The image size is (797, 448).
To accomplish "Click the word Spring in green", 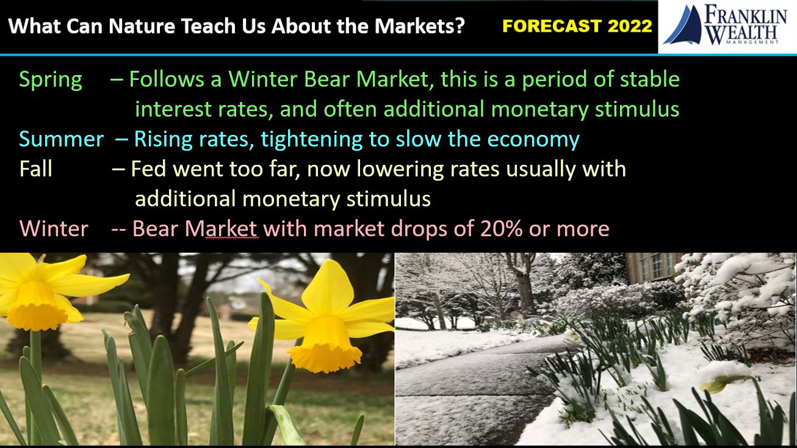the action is (x=51, y=80).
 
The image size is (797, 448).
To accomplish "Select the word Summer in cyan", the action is (x=61, y=139).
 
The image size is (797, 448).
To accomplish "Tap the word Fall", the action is (x=35, y=168).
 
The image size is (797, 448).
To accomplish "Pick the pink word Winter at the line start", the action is (x=54, y=228).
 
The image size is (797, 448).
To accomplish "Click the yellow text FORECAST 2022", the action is (x=577, y=26).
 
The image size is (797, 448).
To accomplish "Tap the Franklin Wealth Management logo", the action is (x=727, y=25).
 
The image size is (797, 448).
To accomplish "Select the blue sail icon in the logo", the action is (x=683, y=26).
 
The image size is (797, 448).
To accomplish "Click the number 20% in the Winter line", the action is (x=501, y=228).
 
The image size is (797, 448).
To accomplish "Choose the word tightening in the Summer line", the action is (x=311, y=139).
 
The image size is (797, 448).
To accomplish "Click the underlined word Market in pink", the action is (x=222, y=228).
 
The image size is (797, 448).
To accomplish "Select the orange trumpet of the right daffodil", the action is (x=325, y=344).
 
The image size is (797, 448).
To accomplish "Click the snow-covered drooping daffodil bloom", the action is (x=723, y=377).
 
